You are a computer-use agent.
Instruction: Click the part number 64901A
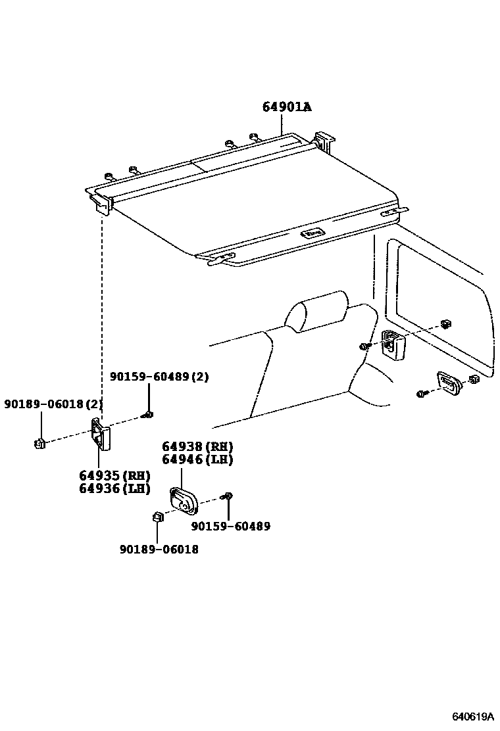[287, 107]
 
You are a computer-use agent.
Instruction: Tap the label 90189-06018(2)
[54, 403]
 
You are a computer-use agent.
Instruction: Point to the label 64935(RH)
[114, 475]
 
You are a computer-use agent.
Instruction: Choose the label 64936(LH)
[114, 488]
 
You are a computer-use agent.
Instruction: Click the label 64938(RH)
[197, 447]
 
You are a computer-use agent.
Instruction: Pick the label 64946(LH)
[197, 460]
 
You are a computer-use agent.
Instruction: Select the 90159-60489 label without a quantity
[230, 526]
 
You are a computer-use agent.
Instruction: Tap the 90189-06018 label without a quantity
[159, 549]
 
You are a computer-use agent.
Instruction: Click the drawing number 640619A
[472, 716]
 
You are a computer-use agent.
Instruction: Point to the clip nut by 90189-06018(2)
[39, 444]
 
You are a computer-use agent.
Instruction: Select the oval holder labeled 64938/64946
[184, 502]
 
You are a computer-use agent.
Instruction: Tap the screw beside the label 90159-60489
[228, 496]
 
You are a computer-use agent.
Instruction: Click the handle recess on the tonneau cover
[311, 232]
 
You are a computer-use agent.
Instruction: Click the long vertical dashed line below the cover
[102, 316]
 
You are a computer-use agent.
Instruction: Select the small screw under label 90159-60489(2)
[149, 414]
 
